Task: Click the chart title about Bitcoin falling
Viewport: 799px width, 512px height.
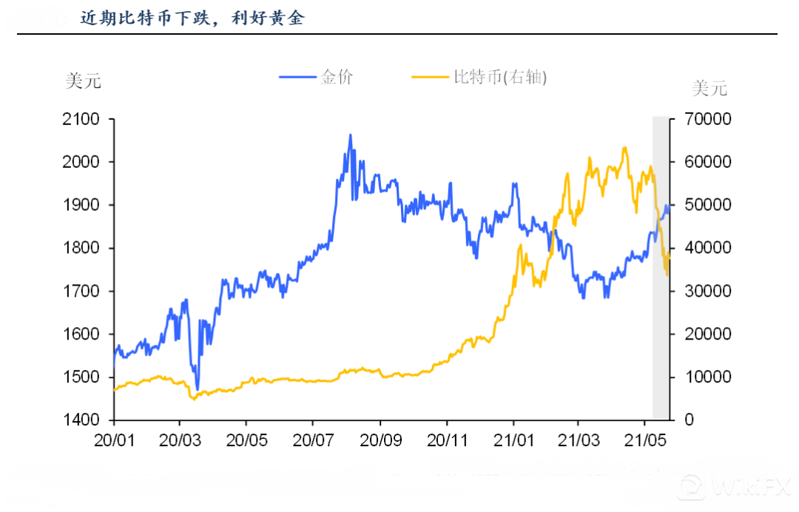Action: tap(192, 18)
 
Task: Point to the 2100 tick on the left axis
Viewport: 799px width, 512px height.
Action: tap(81, 119)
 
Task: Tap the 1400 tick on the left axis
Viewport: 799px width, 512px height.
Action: tap(81, 420)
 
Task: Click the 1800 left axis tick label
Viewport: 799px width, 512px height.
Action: tap(81, 248)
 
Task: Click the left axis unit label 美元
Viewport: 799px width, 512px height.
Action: tap(83, 81)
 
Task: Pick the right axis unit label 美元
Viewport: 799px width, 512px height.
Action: tap(709, 89)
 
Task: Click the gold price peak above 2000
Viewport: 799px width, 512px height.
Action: tap(350, 135)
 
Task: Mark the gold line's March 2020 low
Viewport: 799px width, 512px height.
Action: tap(198, 389)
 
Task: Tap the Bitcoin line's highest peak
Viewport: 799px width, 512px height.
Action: tap(624, 147)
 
